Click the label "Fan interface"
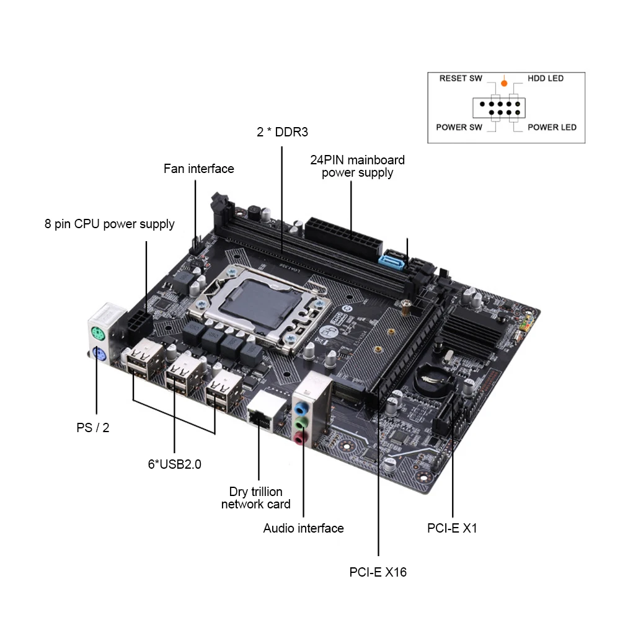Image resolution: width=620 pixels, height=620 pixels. (x=198, y=169)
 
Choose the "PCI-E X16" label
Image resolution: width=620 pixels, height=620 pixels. (x=378, y=572)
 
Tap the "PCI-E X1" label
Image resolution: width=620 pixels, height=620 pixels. (x=452, y=528)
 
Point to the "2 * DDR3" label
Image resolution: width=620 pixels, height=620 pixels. (x=282, y=132)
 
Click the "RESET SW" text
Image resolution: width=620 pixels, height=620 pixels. (x=461, y=79)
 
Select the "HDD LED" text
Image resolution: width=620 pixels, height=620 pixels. (x=546, y=79)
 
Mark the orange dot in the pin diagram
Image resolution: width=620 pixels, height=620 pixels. (x=504, y=82)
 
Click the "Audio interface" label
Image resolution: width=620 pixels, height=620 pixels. (x=303, y=528)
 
